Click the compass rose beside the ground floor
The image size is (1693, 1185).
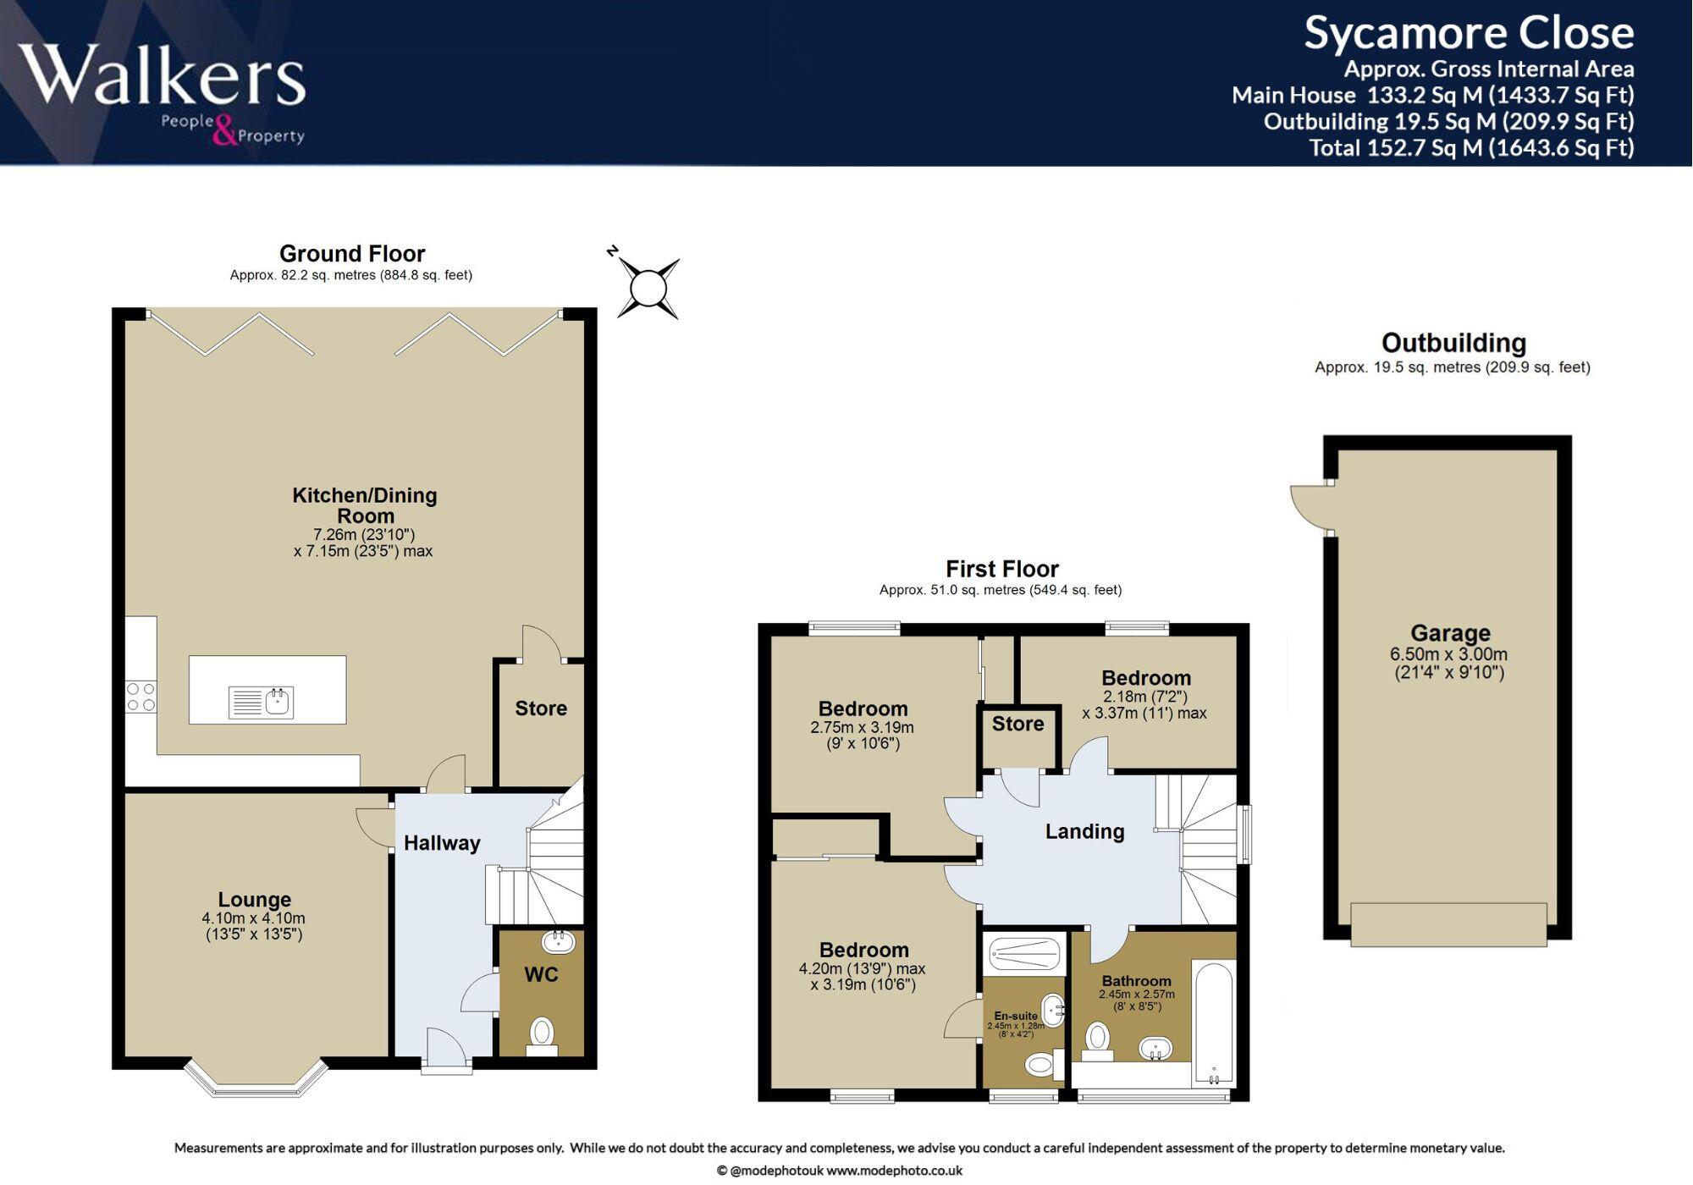[648, 289]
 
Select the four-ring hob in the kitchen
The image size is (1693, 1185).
[141, 696]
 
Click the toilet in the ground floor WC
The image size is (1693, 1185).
[542, 1034]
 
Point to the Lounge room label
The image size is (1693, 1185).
[254, 899]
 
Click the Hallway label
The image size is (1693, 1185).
[442, 843]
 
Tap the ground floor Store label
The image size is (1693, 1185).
[541, 708]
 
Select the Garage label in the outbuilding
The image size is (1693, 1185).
[1450, 633]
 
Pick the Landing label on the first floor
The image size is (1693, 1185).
[1084, 831]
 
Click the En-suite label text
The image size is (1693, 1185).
[1015, 1016]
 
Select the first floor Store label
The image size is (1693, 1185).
[1017, 724]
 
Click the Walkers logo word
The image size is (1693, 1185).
[161, 76]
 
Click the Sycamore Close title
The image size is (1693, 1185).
[1468, 34]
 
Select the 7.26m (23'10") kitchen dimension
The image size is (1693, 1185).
[364, 535]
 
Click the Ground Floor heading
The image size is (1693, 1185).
[352, 253]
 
